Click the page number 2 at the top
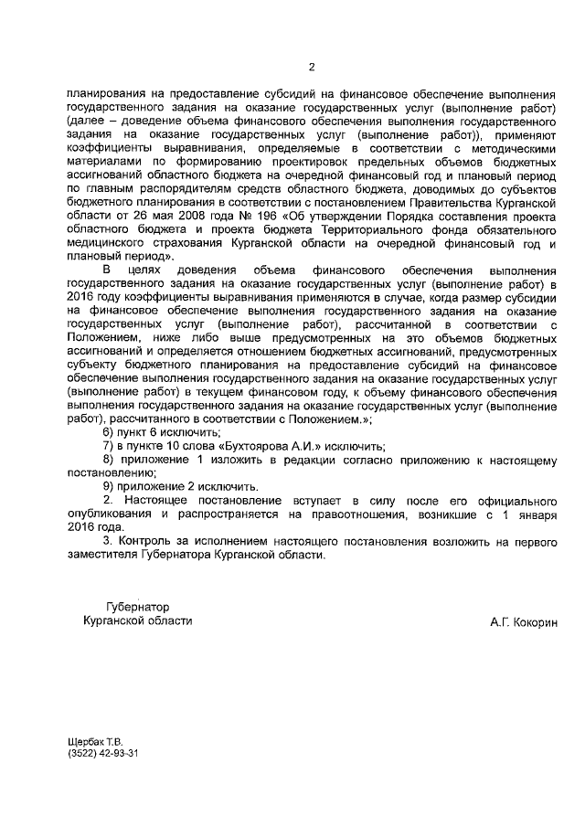point(311,67)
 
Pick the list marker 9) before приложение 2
point(110,486)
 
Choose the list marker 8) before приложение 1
point(110,460)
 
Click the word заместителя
point(103,554)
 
